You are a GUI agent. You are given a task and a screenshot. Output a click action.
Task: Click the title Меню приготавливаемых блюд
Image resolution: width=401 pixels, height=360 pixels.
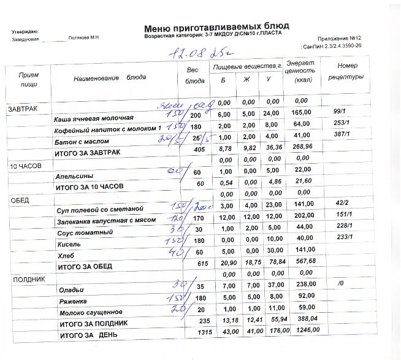point(216,28)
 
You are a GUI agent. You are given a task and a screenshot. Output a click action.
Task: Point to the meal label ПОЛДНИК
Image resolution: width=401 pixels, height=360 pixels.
point(25,279)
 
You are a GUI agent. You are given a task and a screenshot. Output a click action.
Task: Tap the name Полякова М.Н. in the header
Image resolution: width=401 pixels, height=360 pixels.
point(84,38)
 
